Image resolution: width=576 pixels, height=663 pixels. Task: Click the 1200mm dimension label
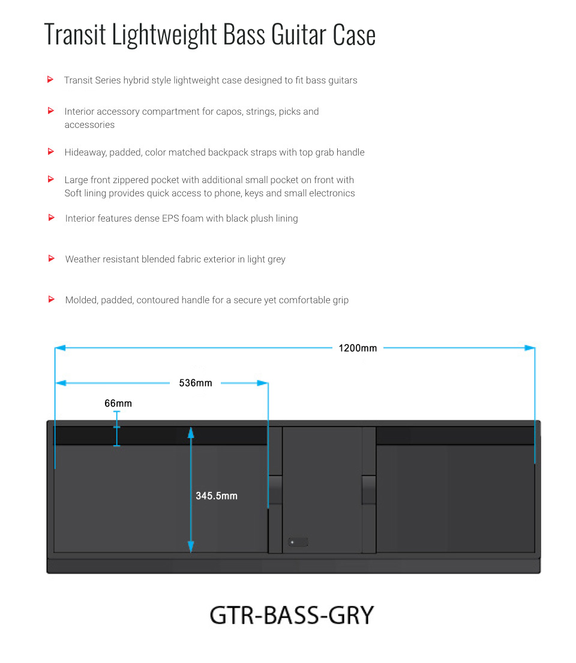tap(358, 348)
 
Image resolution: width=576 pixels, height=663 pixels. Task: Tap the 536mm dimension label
tap(195, 383)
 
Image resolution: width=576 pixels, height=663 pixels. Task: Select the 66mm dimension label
tap(118, 404)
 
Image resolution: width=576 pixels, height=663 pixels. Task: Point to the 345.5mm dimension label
tap(217, 495)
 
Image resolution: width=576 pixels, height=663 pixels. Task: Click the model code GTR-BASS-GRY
tap(292, 615)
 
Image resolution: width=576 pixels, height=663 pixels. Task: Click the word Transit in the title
tap(75, 34)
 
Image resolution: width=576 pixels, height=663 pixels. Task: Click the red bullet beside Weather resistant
tap(51, 258)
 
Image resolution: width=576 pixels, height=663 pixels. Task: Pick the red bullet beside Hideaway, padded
tap(51, 151)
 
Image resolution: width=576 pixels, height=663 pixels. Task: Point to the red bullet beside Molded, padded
tap(51, 299)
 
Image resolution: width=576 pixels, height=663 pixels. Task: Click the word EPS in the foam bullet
tap(170, 218)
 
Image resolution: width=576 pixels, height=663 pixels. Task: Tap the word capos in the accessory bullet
tap(229, 112)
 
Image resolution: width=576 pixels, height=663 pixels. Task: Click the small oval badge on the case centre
tap(298, 542)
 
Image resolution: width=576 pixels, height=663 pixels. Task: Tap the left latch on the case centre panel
tap(275, 489)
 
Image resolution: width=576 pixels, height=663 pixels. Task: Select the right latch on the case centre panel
tap(369, 489)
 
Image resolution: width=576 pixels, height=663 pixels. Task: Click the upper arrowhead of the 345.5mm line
tap(191, 432)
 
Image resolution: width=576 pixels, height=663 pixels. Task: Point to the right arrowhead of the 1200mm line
tap(530, 348)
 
